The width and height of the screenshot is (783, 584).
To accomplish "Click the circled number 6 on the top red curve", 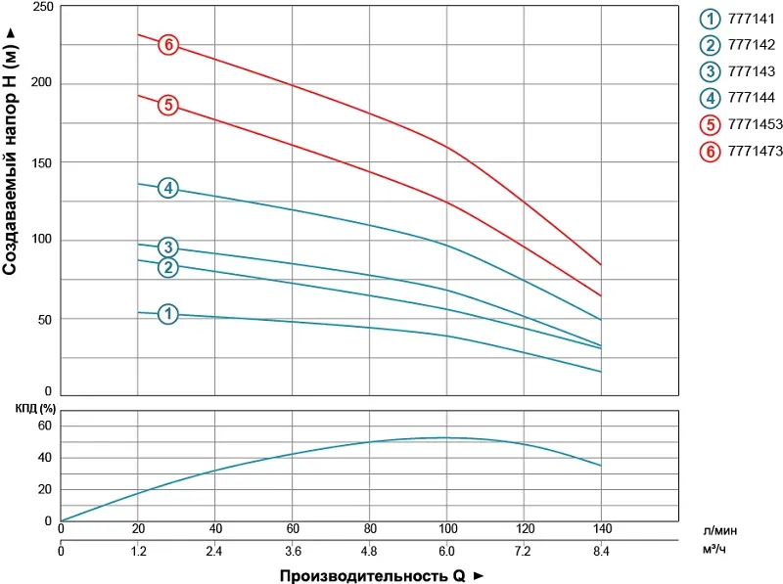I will pyautogui.click(x=168, y=45).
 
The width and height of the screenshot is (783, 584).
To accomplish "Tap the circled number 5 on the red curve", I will pyautogui.click(x=168, y=105).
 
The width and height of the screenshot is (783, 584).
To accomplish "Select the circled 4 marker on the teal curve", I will pyautogui.click(x=168, y=188).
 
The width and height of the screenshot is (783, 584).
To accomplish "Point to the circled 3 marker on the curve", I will pyautogui.click(x=168, y=247).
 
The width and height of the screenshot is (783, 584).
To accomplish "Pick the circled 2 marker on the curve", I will pyautogui.click(x=168, y=267).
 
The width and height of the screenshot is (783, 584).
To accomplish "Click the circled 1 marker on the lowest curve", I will pyautogui.click(x=168, y=314).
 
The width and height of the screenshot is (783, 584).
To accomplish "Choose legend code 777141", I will pyautogui.click(x=752, y=19).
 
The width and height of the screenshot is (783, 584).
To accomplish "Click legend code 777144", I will pyautogui.click(x=752, y=98).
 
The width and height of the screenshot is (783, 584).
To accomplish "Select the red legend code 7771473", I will pyautogui.click(x=756, y=151).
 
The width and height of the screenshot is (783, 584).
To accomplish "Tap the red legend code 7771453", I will pyautogui.click(x=756, y=124).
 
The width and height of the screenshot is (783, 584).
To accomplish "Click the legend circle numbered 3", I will pyautogui.click(x=710, y=71).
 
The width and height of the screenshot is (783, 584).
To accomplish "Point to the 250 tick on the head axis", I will pyautogui.click(x=42, y=7).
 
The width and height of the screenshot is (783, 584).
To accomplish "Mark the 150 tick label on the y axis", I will pyautogui.click(x=42, y=162).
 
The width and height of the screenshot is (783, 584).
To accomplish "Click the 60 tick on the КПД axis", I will pyautogui.click(x=43, y=427).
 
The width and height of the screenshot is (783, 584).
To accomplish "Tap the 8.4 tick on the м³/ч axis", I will pyautogui.click(x=600, y=552).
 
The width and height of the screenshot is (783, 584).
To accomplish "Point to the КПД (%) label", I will pyautogui.click(x=28, y=408).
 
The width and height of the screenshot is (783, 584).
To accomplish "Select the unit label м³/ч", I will pyautogui.click(x=715, y=552).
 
